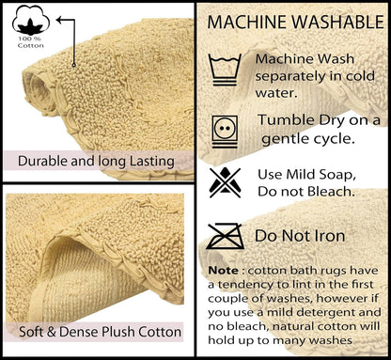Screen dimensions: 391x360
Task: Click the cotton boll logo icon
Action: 31,20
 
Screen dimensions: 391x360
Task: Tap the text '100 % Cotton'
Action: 30,42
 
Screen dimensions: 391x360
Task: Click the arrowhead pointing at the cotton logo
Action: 60,21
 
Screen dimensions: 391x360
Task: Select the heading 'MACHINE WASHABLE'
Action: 295,22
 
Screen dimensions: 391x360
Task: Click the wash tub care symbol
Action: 225,70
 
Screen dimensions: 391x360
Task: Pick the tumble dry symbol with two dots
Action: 225,132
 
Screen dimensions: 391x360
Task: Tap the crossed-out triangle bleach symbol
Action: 226,182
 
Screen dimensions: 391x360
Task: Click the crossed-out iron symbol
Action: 226,237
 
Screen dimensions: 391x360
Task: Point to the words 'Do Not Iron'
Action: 300,236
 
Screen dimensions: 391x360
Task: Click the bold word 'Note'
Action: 223,270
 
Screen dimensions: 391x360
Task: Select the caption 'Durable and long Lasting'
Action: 96,161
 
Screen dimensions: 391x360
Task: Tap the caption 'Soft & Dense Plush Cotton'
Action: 100,332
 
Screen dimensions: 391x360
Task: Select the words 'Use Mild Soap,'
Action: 306,175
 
